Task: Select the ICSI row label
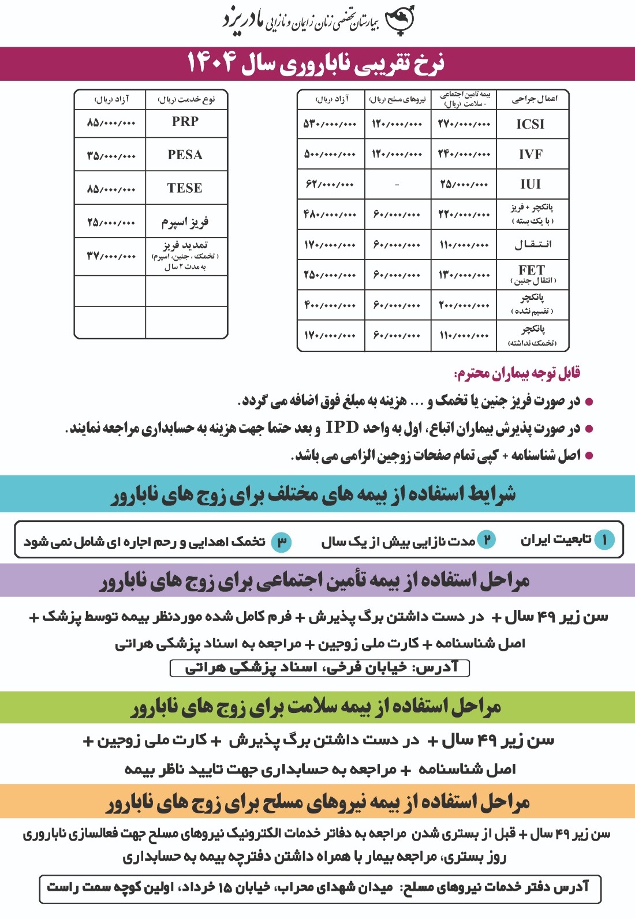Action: [531, 124]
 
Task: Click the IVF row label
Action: [531, 154]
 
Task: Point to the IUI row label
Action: [531, 184]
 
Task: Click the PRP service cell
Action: [185, 121]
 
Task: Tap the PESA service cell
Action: [185, 155]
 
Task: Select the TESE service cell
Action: [185, 188]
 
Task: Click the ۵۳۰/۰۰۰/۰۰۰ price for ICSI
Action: [330, 124]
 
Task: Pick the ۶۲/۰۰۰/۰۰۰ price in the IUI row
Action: [330, 185]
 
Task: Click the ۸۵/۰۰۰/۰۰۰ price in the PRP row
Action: [111, 123]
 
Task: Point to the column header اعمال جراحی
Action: [535, 99]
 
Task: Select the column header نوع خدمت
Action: [186, 99]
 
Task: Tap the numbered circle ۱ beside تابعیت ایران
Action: [604, 540]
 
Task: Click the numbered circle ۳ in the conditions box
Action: [281, 542]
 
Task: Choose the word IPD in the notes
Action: [342, 427]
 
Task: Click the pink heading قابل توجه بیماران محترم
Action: [517, 373]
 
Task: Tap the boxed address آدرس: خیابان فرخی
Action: [320, 667]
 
